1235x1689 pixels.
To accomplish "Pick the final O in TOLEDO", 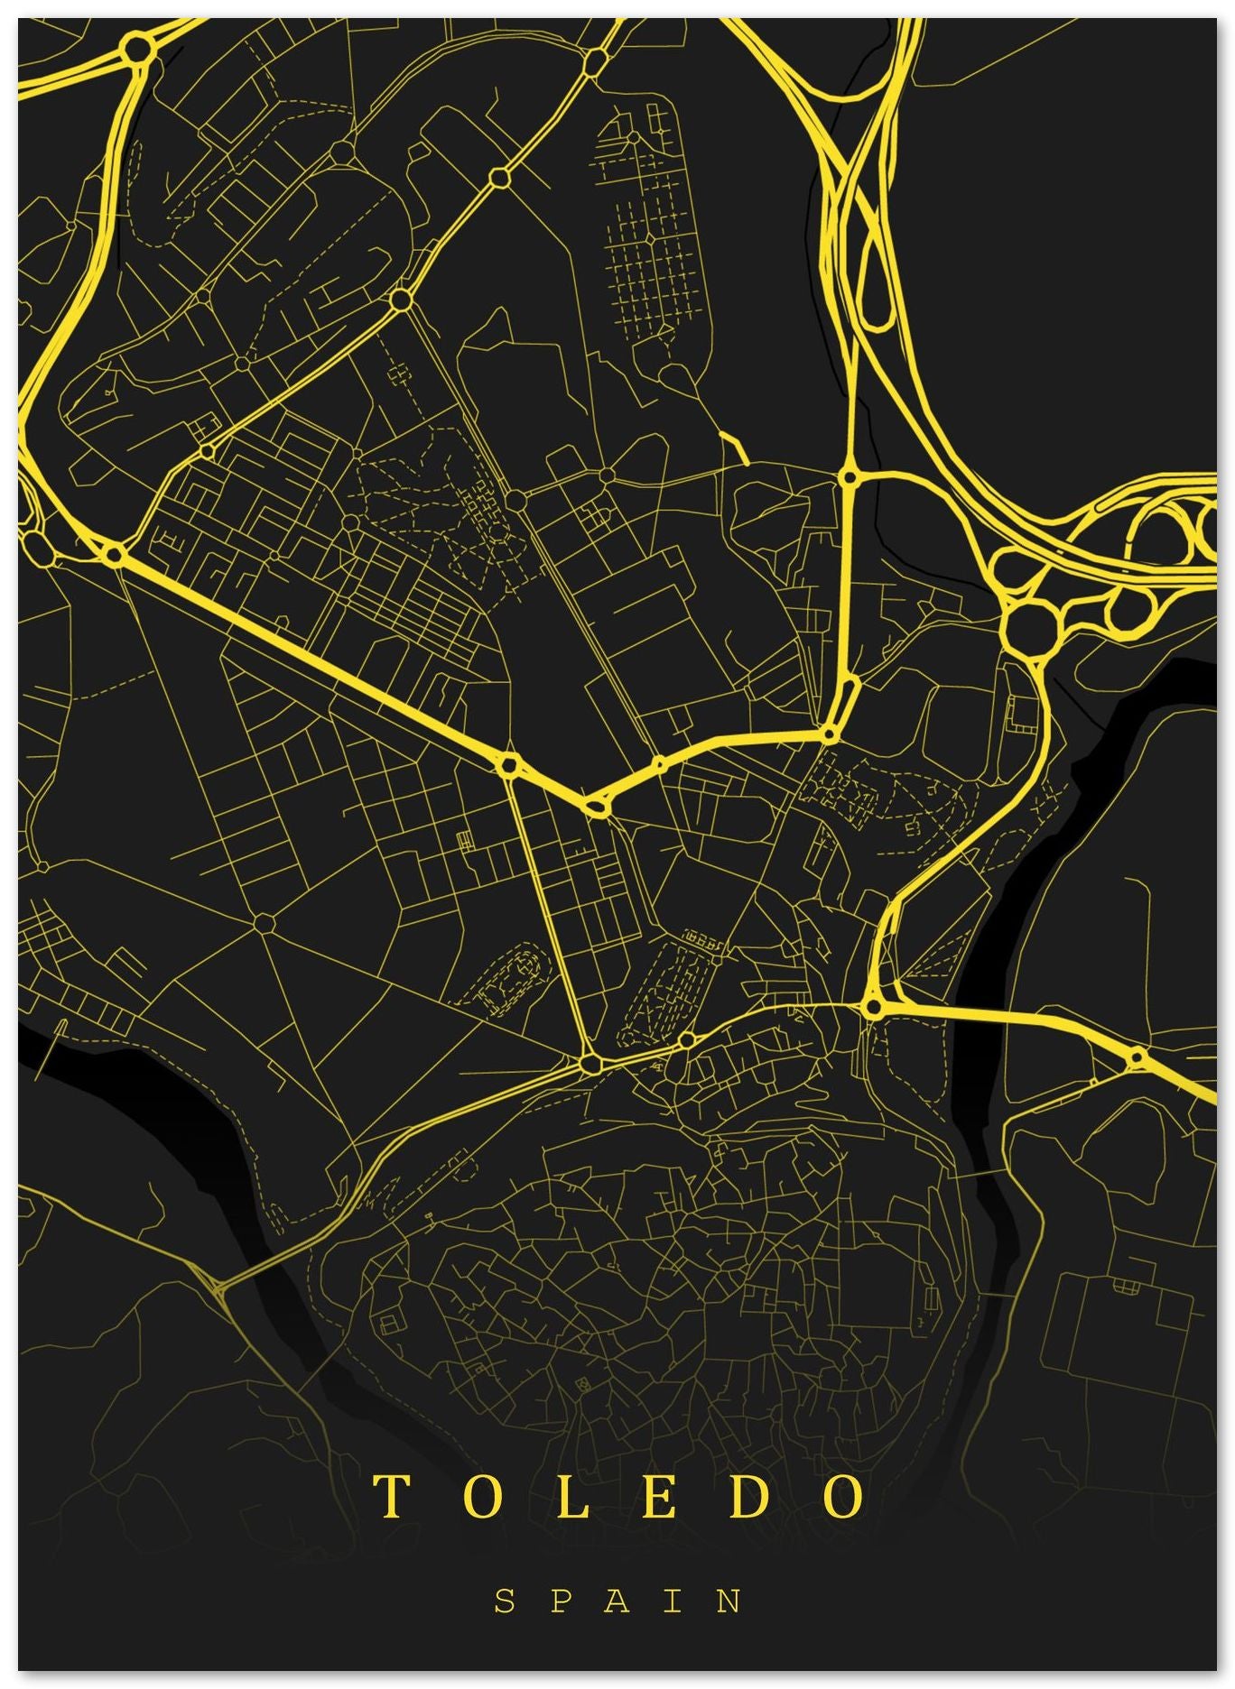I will tap(846, 1496).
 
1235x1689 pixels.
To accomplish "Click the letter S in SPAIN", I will tap(505, 1601).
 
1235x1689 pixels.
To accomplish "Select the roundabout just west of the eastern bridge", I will tap(873, 1007).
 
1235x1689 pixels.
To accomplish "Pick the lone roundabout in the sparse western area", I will tap(264, 923).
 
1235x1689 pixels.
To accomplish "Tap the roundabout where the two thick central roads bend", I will tap(595, 805).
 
